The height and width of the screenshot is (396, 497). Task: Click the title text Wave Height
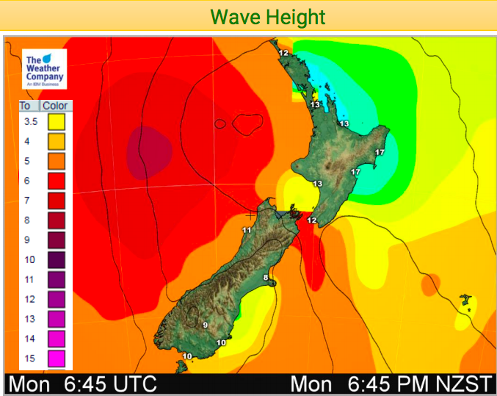[x=267, y=16]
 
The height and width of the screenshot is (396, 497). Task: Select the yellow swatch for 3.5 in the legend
[x=57, y=121]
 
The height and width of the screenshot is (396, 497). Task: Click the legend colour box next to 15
[x=57, y=359]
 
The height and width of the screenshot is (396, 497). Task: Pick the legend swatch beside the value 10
[x=57, y=260]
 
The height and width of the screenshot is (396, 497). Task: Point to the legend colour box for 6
[x=57, y=181]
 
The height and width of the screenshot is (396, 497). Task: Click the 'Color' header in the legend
[x=56, y=105]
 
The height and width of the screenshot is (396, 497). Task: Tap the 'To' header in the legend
[x=26, y=105]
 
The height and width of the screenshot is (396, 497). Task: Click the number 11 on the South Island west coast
[x=247, y=230]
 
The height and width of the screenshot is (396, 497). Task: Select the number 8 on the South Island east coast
[x=266, y=277]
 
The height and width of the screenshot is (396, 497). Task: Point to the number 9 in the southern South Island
[x=206, y=325]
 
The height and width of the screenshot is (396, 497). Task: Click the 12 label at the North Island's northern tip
[x=283, y=53]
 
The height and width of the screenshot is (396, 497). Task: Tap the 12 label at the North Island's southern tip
[x=311, y=220]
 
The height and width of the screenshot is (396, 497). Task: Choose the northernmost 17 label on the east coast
[x=379, y=152]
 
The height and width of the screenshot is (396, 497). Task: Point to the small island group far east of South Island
[x=464, y=300]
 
